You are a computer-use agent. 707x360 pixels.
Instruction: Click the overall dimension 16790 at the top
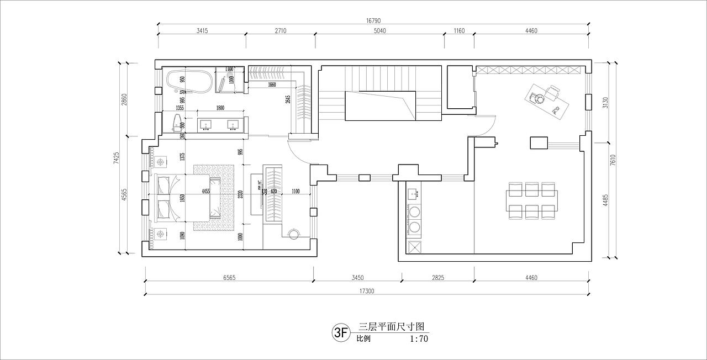373,20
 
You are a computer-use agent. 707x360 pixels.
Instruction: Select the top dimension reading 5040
379,31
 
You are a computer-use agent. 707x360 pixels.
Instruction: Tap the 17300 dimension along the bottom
366,291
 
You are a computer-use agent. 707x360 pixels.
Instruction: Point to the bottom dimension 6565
229,278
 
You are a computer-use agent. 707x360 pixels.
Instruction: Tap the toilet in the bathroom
177,123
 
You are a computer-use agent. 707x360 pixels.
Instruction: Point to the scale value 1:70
419,339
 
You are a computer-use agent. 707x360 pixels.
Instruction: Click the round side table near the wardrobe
294,234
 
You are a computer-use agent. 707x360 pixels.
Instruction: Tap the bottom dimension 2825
437,278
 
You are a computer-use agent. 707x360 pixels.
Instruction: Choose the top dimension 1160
459,31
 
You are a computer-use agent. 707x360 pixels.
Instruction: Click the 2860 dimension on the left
125,99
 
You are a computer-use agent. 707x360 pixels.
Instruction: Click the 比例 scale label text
363,339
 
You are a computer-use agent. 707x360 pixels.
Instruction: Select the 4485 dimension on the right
606,199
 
